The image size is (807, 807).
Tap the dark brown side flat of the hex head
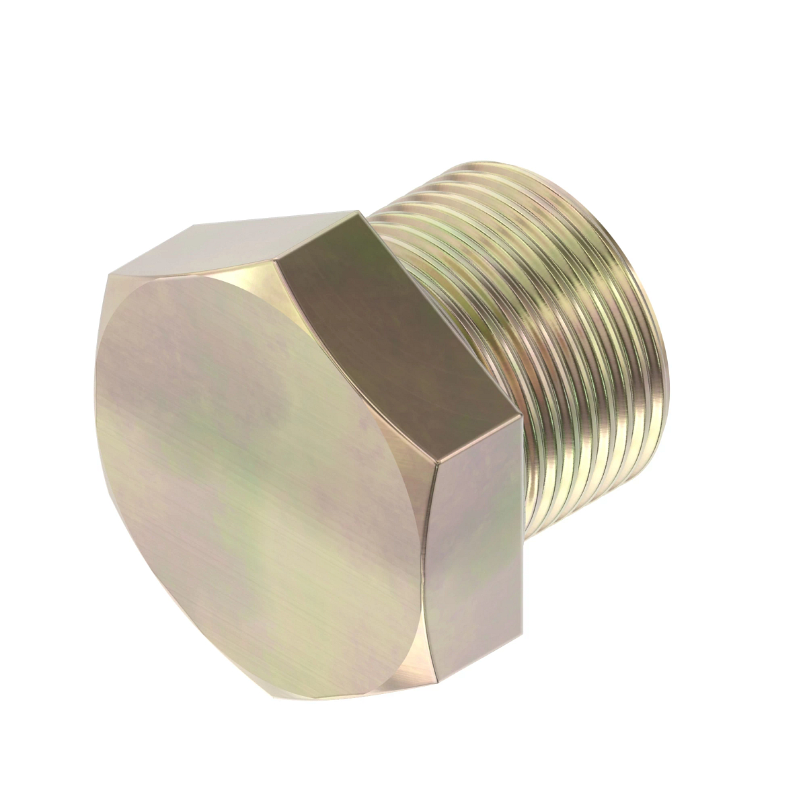(x=397, y=336)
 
